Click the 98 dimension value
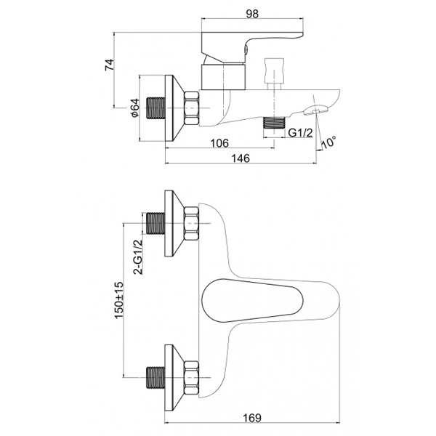pos(252,14)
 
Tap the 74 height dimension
pos(109,65)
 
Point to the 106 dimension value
pos(219,143)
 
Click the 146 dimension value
pos(241,158)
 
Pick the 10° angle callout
pos(329,142)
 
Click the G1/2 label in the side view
pos(300,133)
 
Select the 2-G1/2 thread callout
pos(138,257)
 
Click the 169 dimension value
pos(252,418)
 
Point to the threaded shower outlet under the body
pos(275,123)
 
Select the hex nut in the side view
pos(191,108)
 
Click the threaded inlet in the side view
pos(156,108)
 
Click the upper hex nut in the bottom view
pos(191,223)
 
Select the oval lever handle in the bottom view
pos(252,301)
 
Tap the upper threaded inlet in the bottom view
pos(156,223)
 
